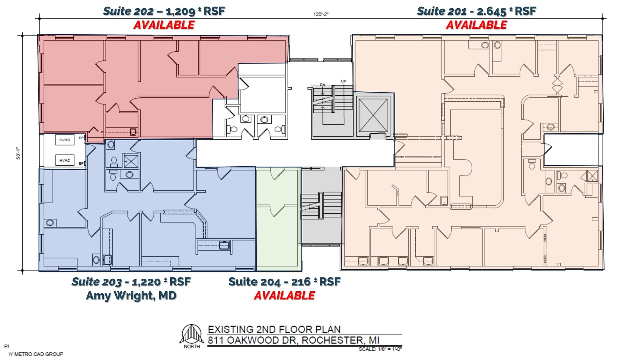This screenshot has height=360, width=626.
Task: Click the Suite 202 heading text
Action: pyautogui.click(x=164, y=11)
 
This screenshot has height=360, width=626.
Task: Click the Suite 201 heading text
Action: pyautogui.click(x=476, y=11)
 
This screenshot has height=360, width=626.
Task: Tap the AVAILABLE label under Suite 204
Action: pyautogui.click(x=284, y=296)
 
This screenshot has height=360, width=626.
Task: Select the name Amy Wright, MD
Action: pyautogui.click(x=131, y=296)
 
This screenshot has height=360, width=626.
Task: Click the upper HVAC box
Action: pyautogui.click(x=65, y=140)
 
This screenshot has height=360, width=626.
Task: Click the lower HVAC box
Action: pyautogui.click(x=65, y=160)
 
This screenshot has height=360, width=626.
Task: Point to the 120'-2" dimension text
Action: pyautogui.click(x=321, y=14)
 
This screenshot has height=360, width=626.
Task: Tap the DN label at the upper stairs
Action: pyautogui.click(x=323, y=85)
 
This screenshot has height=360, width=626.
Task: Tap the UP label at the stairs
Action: pyautogui.click(x=344, y=81)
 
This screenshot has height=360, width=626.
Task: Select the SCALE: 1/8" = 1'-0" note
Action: pyautogui.click(x=380, y=349)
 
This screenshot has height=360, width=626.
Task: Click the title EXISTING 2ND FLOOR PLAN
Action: pyautogui.click(x=274, y=329)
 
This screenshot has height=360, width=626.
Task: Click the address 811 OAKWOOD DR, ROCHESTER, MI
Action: pyautogui.click(x=293, y=340)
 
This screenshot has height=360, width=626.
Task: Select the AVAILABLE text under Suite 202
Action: pyautogui.click(x=164, y=25)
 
